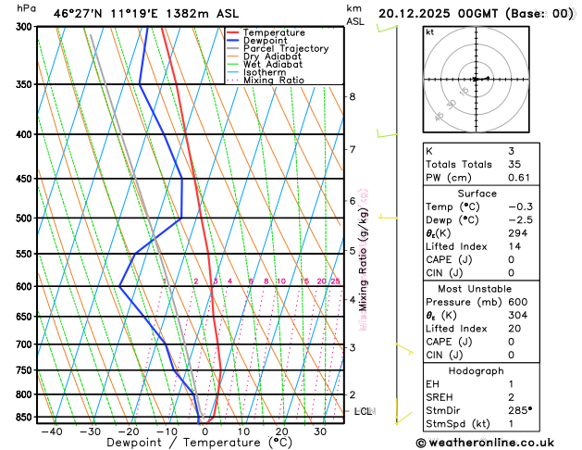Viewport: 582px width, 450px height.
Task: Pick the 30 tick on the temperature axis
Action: (319, 431)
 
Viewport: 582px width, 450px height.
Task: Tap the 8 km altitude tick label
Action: (352, 96)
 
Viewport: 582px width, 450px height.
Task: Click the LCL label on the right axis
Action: (363, 411)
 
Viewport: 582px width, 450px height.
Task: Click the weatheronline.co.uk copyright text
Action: (490, 443)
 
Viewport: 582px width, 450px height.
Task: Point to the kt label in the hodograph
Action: (430, 31)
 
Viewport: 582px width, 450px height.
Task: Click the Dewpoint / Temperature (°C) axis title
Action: (187, 444)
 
